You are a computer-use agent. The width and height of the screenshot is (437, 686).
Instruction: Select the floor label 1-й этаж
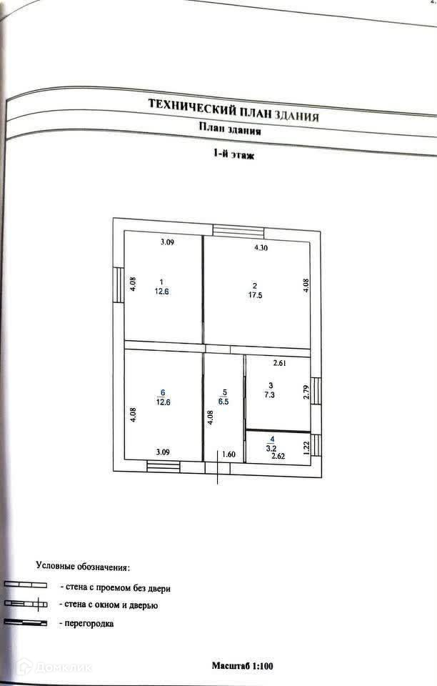tap(233, 154)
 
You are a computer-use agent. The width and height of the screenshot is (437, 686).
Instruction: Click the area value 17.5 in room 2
tap(255, 294)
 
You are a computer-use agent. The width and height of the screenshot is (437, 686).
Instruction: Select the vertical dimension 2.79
tap(306, 393)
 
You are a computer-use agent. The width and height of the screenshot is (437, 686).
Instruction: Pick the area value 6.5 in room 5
tap(224, 402)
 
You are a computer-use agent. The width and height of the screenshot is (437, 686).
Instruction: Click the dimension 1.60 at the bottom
tap(228, 453)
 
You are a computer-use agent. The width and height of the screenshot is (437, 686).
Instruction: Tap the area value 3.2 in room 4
tap(271, 448)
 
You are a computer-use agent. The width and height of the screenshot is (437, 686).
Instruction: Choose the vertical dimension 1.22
tap(306, 448)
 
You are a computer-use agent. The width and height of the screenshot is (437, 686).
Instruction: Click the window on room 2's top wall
tap(238, 231)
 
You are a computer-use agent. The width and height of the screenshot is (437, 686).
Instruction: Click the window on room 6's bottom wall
tap(164, 467)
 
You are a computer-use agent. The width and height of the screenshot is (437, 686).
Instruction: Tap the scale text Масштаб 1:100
tap(242, 665)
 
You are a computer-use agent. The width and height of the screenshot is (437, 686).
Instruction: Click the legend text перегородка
tap(89, 623)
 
